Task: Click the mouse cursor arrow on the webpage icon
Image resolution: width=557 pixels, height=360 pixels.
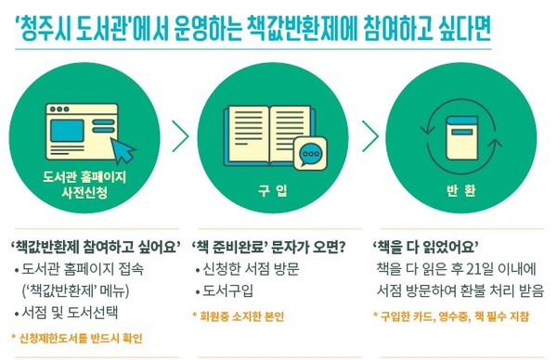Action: pyautogui.click(x=123, y=148)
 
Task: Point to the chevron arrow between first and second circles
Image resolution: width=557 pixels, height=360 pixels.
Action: pyautogui.click(x=180, y=135)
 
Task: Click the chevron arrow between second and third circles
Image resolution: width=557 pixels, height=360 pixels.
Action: pyautogui.click(x=370, y=135)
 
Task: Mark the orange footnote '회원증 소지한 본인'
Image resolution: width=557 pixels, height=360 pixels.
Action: pyautogui.click(x=243, y=315)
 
